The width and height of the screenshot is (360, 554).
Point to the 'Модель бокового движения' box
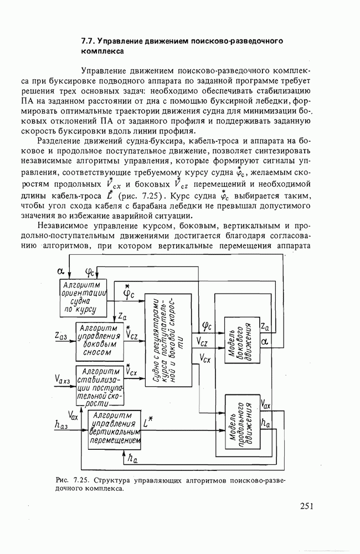tap(241, 340)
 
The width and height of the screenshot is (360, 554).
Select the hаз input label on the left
tap(62, 424)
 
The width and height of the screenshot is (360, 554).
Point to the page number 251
tap(307, 506)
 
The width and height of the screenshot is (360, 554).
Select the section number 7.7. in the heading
tap(89, 41)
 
